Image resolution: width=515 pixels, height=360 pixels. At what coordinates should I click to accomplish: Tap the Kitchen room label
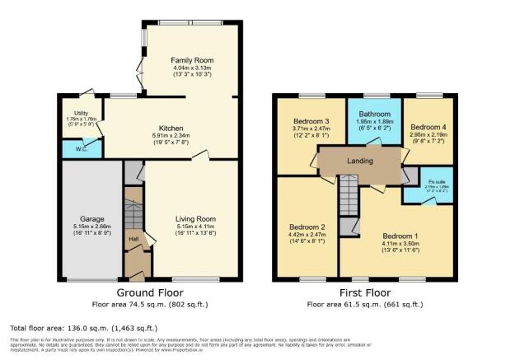[171, 129]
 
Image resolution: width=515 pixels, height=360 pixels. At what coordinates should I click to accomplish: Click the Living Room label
[194, 218]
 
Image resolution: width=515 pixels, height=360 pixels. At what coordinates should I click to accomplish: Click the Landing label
[361, 160]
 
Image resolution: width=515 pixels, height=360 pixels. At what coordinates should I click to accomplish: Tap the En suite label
[435, 180]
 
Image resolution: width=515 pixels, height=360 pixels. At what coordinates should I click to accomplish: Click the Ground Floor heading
[149, 292]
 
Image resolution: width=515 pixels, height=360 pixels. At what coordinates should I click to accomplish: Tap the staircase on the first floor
[350, 199]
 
